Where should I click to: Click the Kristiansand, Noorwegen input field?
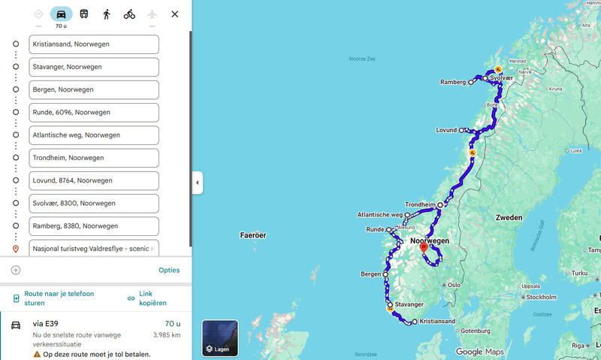click(93, 44)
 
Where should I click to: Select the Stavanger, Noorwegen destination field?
click(93, 67)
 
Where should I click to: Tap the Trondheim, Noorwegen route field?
click(93, 158)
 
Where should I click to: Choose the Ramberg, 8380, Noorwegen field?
click(93, 225)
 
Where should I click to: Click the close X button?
click(175, 14)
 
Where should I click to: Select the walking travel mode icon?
click(107, 14)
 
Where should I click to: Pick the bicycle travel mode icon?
click(129, 14)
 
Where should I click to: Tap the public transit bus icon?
click(83, 14)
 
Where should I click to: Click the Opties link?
click(169, 270)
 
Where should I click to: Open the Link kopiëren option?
click(153, 298)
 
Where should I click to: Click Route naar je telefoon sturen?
click(59, 298)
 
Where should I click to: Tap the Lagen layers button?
click(220, 338)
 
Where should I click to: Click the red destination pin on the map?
click(423, 247)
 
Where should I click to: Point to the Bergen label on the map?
click(370, 274)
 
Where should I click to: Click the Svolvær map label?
click(502, 77)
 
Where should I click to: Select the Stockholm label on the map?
click(541, 297)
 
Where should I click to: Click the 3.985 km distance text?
click(166, 335)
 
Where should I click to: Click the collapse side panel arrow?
click(198, 183)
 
